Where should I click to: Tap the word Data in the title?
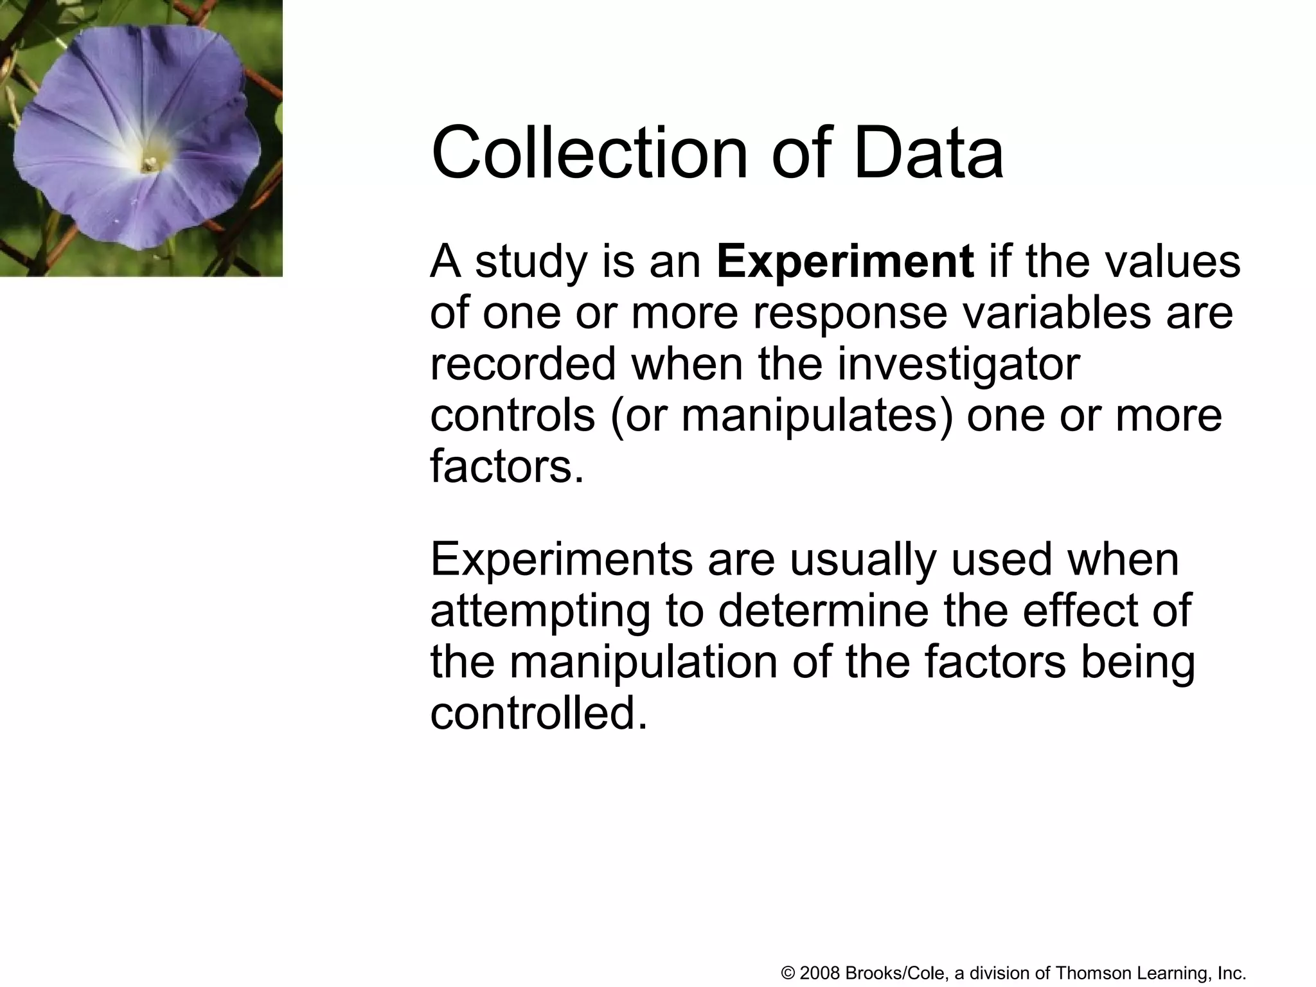coord(928,154)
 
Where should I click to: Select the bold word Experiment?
coord(845,262)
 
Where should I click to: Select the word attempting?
coord(540,612)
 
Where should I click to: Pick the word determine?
coord(823,610)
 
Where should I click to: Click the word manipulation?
coord(643,662)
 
